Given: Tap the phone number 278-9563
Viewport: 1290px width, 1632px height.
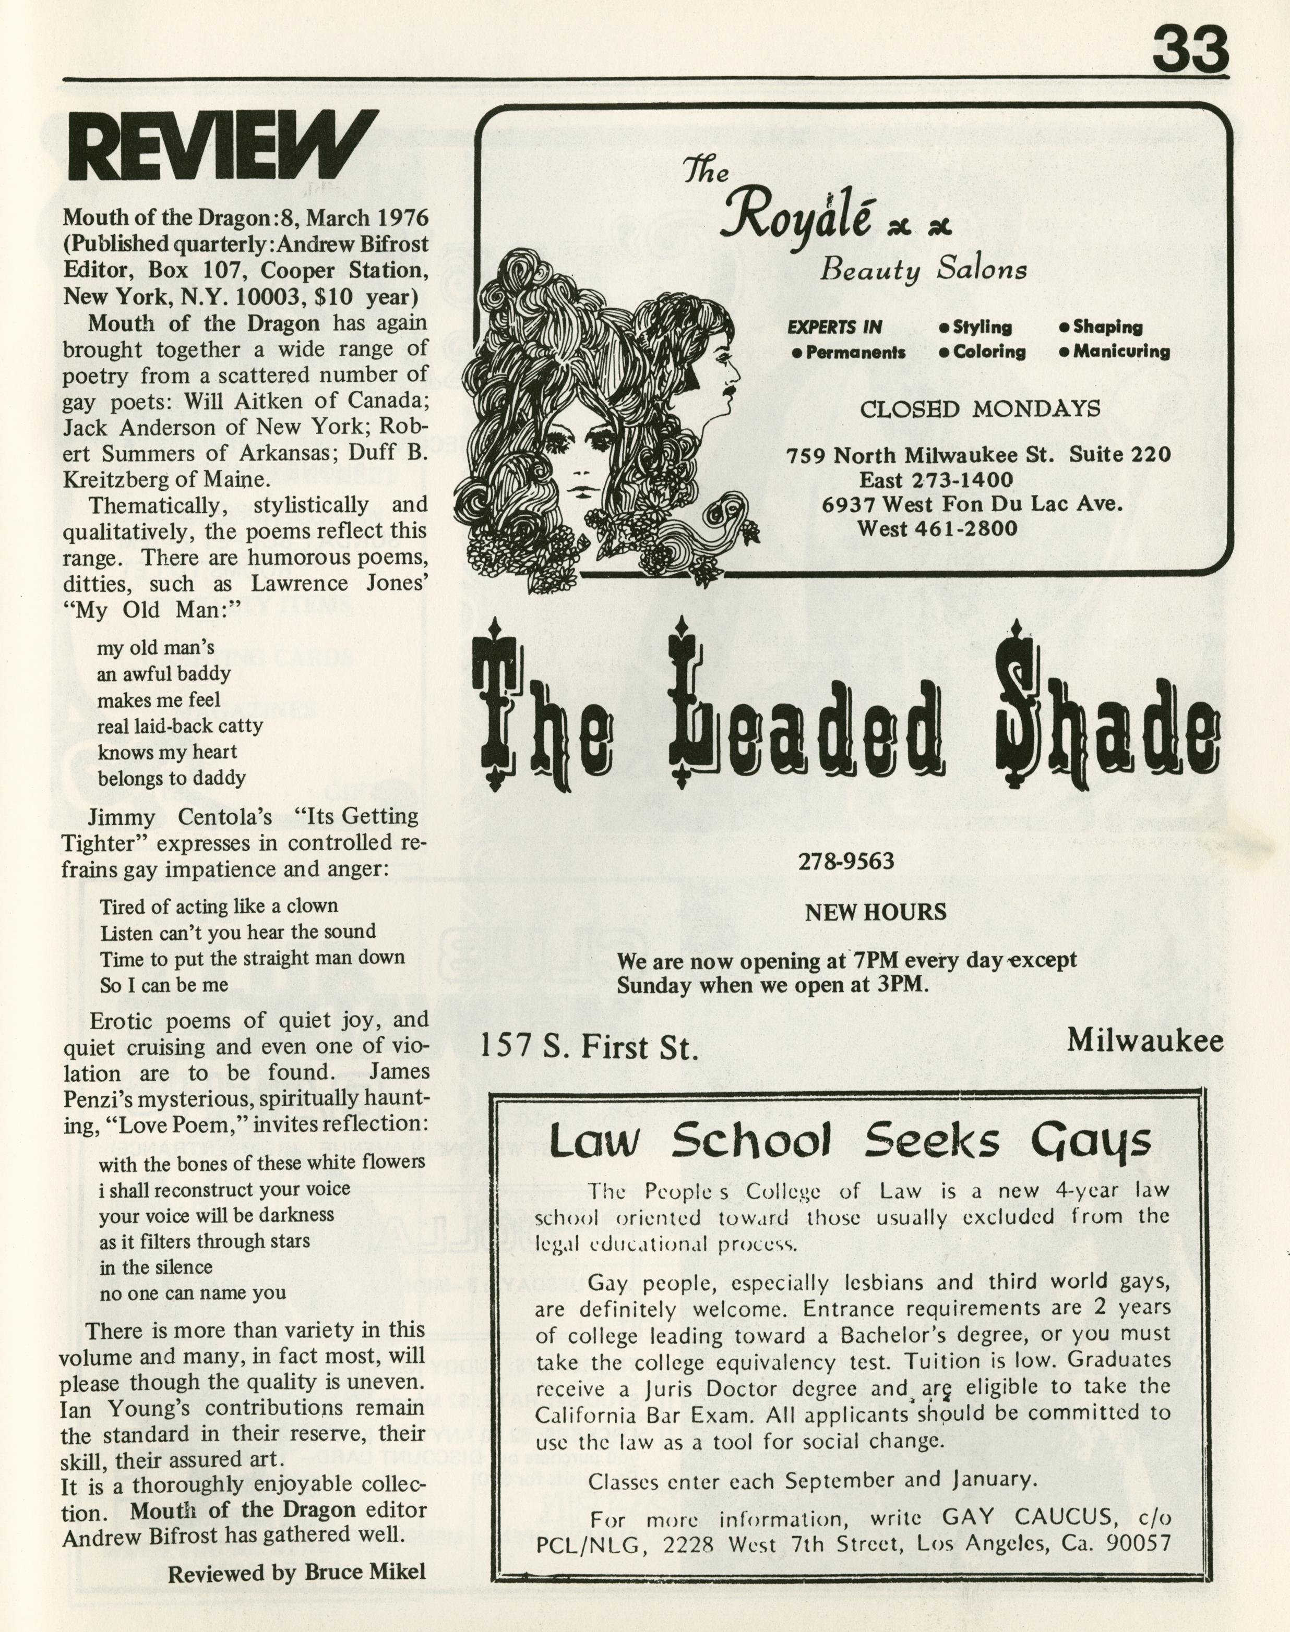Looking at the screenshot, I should point(846,861).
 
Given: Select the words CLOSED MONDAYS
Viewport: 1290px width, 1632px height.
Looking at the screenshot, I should point(980,409).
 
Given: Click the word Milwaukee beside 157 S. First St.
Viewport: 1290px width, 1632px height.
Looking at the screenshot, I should point(1144,1041).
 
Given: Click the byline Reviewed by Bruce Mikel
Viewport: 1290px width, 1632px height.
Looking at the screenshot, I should point(296,1574).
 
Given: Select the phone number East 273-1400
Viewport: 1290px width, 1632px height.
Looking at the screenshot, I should point(936,480).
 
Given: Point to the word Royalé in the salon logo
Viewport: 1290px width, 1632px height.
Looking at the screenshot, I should point(797,215).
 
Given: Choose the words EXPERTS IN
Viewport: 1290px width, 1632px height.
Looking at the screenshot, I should point(834,327).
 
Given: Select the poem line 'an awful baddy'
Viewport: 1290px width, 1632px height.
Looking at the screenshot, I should point(164,673).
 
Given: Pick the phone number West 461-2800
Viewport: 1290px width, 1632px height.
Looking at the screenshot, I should point(937,528).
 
